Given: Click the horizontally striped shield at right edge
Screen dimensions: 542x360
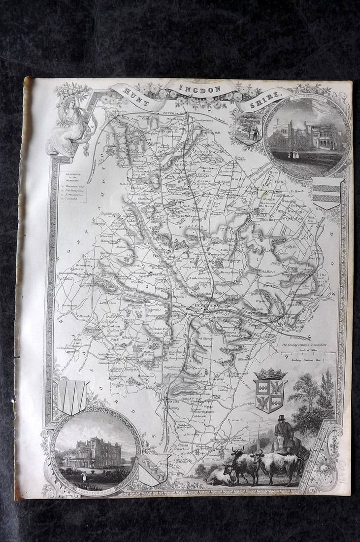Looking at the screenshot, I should tap(327, 193).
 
